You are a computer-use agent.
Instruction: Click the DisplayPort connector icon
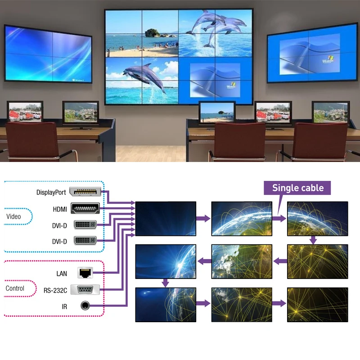[85, 193]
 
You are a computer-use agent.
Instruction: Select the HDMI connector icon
[85, 208]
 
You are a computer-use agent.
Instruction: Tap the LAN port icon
[85, 272]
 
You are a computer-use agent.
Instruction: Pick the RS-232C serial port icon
[85, 289]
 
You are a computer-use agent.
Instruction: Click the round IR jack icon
[85, 306]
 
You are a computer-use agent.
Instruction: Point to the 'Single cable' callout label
[297, 188]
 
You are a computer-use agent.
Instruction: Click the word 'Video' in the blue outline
[13, 216]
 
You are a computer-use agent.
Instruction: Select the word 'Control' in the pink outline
[15, 288]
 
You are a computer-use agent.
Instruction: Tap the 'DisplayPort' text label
[51, 193]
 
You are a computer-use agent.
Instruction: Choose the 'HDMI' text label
[59, 209]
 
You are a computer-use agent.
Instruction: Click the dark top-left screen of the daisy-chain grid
[166, 218]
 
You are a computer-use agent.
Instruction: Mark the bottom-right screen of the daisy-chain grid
[318, 304]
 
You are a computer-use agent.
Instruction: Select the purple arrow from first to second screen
[203, 219]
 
